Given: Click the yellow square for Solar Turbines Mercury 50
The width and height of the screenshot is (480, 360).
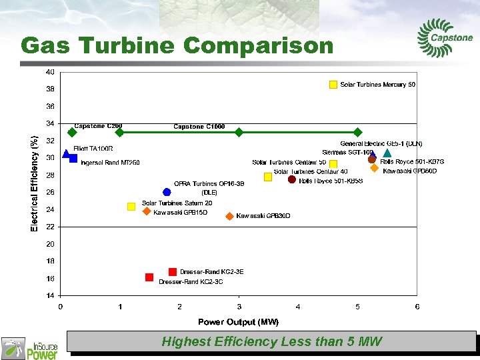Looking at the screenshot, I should pos(333,85).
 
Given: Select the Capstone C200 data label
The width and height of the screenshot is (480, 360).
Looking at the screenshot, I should pos(98,125).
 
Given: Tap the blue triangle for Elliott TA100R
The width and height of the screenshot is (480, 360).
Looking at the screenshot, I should pos(66,154).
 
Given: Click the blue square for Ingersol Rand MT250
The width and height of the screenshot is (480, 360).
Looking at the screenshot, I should pos(73,159).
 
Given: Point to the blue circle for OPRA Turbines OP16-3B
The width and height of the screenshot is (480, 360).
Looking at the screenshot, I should pos(167,192).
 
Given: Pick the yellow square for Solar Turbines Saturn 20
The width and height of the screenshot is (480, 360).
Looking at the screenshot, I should pos(131,207).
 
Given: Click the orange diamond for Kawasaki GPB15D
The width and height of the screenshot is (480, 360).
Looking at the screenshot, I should pos(147,211).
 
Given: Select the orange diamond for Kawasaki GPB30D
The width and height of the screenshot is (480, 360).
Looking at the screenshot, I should pos(229,216).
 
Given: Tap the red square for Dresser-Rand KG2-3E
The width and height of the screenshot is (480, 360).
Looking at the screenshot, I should pos(173,271).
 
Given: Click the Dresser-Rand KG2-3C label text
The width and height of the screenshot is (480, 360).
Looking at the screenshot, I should pos(191,282).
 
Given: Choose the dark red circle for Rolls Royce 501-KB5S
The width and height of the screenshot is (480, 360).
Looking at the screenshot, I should pos(292,179).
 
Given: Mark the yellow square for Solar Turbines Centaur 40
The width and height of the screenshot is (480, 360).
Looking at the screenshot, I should pos(268,177).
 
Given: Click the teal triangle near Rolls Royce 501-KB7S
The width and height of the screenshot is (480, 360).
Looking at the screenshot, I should pos(387,153).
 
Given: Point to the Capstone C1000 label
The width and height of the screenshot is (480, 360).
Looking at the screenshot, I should pos(199,126).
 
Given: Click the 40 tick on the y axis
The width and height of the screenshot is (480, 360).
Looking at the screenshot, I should pos(50,72).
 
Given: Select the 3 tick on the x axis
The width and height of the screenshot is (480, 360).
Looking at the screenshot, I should pos(239,307).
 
